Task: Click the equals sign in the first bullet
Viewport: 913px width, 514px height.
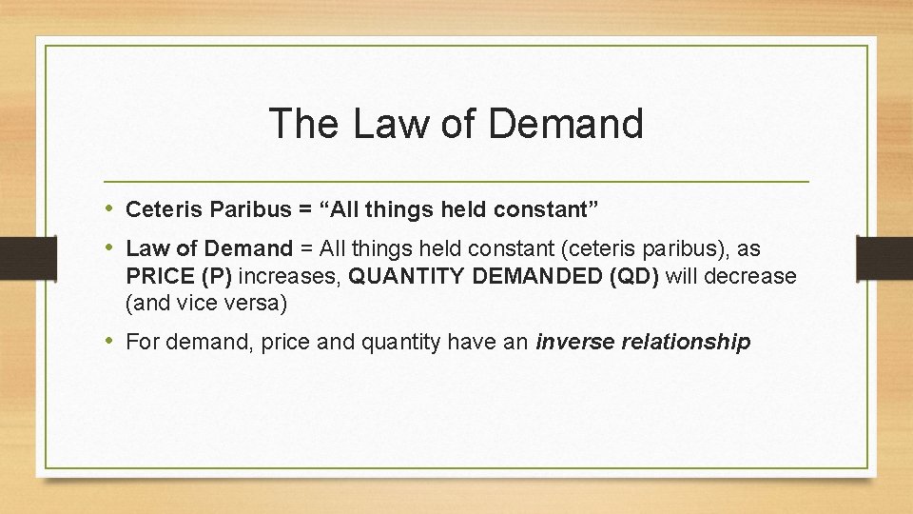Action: click(x=284, y=208)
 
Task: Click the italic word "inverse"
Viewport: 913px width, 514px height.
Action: click(x=574, y=342)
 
